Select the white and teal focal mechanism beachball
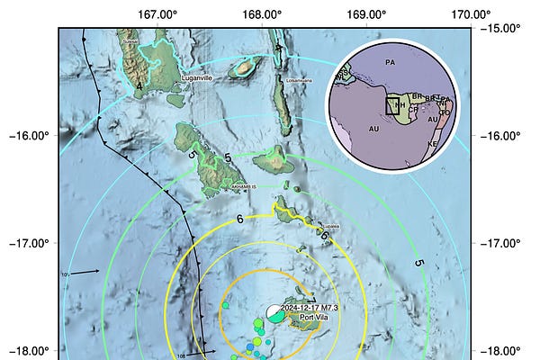[274, 312]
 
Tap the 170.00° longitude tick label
[471, 14]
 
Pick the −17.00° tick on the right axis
[500, 243]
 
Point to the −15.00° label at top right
[500, 28]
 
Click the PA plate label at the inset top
[390, 62]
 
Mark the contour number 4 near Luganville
[139, 85]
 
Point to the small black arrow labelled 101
[85, 270]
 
